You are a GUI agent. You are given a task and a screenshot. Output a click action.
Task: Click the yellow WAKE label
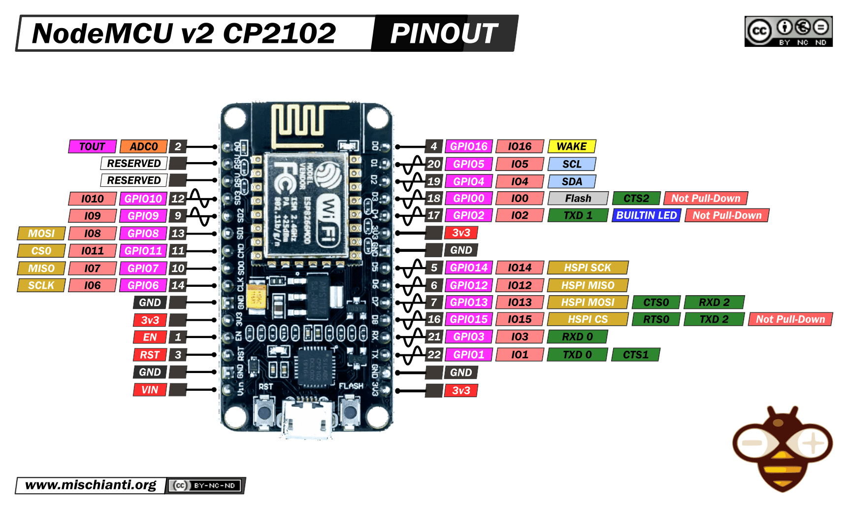571,146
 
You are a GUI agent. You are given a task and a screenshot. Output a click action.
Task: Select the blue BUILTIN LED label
646,215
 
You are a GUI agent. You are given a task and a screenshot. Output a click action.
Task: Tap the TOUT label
92,146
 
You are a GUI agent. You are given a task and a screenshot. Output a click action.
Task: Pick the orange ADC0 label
143,146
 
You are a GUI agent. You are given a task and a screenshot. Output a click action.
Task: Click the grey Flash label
578,198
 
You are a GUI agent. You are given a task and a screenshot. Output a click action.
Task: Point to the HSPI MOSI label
587,302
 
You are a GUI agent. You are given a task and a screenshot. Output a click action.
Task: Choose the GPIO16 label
468,146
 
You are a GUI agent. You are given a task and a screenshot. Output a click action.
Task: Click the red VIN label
150,390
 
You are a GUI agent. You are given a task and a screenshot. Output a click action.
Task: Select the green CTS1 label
635,354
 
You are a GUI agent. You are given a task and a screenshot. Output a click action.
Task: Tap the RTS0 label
656,319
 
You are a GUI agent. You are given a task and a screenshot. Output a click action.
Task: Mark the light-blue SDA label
571,181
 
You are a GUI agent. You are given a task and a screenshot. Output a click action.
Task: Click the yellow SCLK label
41,285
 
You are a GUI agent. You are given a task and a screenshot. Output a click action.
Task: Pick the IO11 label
92,251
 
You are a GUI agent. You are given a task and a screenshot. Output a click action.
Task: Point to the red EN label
150,337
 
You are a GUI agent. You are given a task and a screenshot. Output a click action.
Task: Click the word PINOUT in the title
444,34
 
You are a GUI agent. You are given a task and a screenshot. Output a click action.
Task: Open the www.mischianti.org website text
91,485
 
